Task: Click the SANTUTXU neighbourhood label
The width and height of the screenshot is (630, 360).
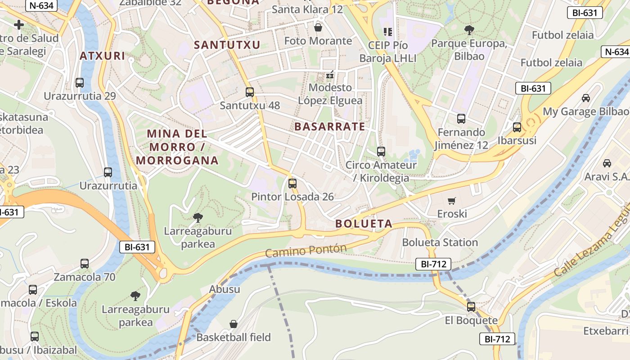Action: coord(227,45)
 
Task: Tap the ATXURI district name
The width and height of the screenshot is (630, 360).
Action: coord(102,56)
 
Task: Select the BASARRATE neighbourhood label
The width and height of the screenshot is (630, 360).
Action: coord(330,126)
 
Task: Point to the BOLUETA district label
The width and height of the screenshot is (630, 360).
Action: coord(364,224)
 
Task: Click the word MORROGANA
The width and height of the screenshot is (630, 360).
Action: coord(177,160)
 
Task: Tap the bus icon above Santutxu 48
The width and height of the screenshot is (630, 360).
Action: coord(250,92)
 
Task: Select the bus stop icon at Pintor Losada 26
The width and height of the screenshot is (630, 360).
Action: coord(292,183)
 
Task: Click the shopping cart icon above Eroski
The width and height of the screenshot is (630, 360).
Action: coord(452,201)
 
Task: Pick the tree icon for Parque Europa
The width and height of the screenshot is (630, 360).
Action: coord(469,30)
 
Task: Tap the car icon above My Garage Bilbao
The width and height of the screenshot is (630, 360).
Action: coord(585,98)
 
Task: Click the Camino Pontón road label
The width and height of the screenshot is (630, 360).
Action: coord(306,251)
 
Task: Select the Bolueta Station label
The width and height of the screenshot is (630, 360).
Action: coord(440,243)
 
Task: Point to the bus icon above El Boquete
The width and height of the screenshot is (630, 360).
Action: coord(471,307)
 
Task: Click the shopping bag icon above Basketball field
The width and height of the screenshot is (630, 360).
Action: coord(234,324)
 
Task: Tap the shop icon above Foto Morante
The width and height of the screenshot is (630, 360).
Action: coord(318,27)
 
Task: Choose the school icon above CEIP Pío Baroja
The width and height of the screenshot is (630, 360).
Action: coord(387,31)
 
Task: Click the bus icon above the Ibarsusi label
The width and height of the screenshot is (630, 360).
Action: coord(517,127)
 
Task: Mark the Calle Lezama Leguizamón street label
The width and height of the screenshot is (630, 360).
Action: coord(592,252)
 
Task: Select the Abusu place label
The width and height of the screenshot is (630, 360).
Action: coord(225,289)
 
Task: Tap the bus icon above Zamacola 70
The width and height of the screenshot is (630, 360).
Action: coord(85,264)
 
